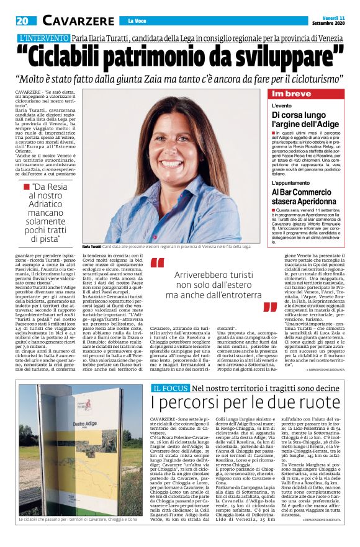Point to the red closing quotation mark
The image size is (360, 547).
(x=269, y=308)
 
